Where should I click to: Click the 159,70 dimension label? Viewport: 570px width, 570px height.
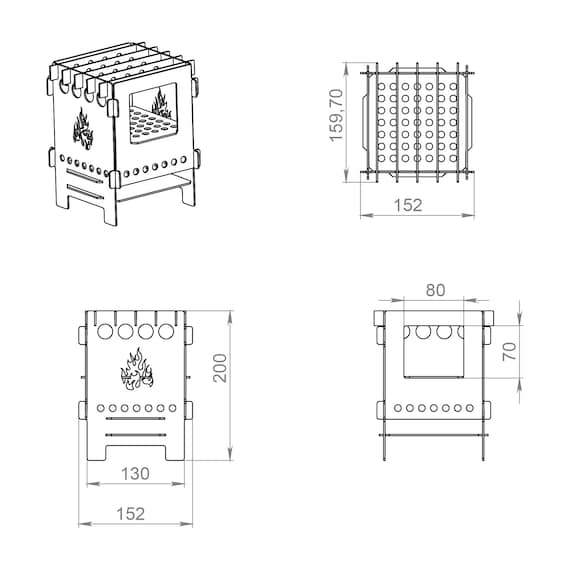336,115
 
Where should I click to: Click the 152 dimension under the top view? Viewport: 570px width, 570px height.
408,205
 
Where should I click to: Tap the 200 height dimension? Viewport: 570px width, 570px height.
220,368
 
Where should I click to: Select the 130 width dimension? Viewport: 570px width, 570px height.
135,474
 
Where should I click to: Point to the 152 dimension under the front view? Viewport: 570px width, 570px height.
130,514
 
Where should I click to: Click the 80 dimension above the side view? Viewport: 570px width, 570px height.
435,290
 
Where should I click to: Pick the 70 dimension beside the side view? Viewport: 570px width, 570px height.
510,351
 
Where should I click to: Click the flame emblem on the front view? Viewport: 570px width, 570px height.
137,369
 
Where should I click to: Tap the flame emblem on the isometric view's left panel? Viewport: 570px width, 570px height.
83,129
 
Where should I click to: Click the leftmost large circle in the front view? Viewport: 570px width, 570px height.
105,331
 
